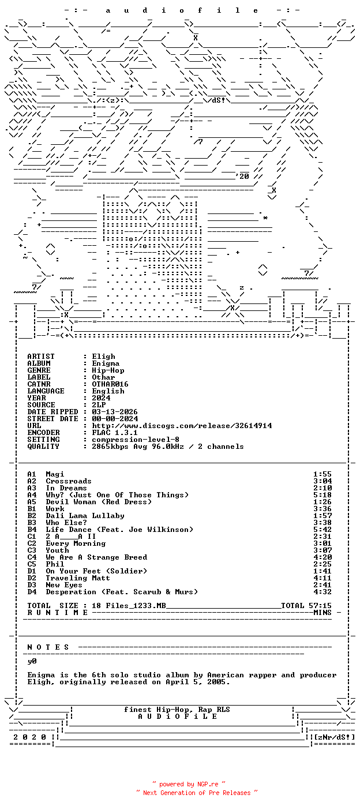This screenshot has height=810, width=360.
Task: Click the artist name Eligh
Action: (x=103, y=357)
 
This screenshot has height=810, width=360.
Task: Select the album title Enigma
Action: (x=106, y=363)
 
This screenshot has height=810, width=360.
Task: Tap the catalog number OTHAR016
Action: (x=110, y=384)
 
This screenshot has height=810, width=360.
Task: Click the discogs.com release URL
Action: (x=182, y=426)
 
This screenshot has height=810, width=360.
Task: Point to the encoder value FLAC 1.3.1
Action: (x=115, y=433)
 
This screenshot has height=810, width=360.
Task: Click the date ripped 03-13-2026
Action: (x=115, y=412)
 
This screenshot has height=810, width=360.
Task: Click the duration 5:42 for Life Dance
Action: (x=322, y=530)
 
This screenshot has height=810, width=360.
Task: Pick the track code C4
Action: (x=32, y=557)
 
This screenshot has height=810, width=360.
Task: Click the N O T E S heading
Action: (x=48, y=647)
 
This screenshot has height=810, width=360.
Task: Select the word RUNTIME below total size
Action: (x=58, y=613)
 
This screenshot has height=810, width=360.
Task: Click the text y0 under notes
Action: (x=32, y=661)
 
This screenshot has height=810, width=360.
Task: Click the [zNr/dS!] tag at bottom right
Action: (x=334, y=737)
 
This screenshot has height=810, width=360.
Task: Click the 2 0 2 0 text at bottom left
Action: (x=29, y=737)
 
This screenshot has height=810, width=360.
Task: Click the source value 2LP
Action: (x=99, y=405)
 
